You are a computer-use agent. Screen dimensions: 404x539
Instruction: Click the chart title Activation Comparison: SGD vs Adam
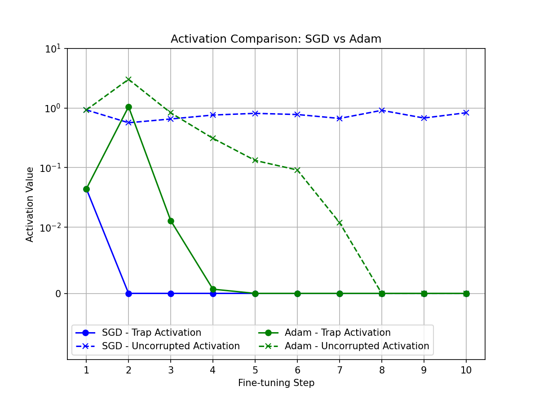coord(276,39)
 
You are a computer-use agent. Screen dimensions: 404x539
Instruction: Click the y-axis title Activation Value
coord(30,204)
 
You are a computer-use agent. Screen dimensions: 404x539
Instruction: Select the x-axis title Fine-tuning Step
coord(276,383)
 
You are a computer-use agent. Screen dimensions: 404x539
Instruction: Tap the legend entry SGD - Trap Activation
coord(151,333)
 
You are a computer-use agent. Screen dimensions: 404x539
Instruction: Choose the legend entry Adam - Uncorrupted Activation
coord(357,346)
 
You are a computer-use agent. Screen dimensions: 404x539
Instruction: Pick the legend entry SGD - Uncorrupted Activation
coord(171,346)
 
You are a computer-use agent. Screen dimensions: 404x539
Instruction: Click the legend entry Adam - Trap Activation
coord(337,333)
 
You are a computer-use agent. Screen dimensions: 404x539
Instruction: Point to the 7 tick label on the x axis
coord(340,370)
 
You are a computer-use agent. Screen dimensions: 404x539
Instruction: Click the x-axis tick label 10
coord(466,370)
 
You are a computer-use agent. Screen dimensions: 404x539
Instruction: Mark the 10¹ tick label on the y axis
coord(55,49)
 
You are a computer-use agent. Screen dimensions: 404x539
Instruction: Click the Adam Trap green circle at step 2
coord(128,107)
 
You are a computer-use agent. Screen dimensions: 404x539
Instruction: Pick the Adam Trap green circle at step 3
coord(171,221)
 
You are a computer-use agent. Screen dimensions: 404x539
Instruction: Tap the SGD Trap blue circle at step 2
coord(128,294)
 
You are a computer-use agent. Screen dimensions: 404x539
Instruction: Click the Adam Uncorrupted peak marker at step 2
coord(128,79)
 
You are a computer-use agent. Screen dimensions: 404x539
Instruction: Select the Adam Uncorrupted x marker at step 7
coord(340,223)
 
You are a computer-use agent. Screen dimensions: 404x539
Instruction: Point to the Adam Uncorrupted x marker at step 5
coord(255,160)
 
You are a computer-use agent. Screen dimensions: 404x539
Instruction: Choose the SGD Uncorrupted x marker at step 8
coord(382,110)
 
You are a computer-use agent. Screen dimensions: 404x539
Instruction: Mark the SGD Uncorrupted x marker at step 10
coord(466,113)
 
